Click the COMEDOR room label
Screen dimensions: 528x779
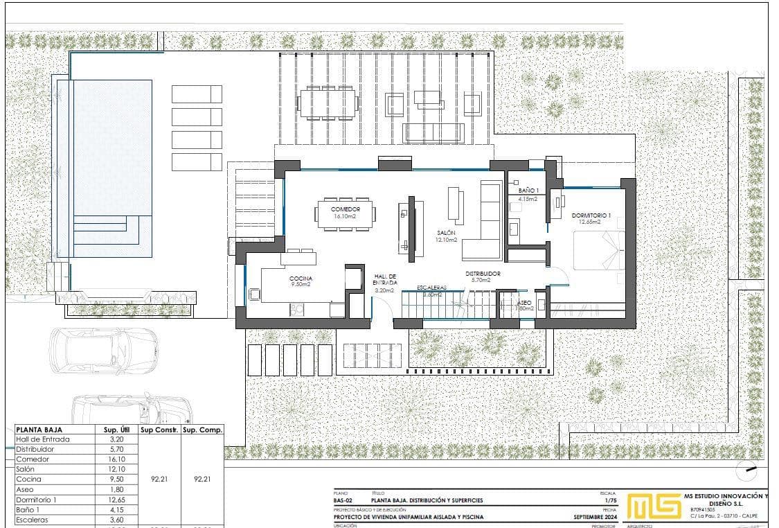[x=345, y=209]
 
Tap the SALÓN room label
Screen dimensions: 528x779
[x=445, y=233]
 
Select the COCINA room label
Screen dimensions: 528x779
[x=301, y=278]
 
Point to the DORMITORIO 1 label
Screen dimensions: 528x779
[x=591, y=215]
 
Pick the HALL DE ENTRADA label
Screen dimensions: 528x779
[x=384, y=279]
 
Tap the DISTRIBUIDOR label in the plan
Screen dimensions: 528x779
[x=483, y=274]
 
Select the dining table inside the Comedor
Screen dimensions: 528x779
[x=345, y=212]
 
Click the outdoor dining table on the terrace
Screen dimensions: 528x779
[x=328, y=103]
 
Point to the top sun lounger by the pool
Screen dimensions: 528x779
[x=197, y=94]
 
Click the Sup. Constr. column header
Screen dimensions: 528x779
[x=160, y=430]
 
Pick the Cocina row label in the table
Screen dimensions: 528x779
[x=28, y=479]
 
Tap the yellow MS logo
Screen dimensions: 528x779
[x=654, y=506]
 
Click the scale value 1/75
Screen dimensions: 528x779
[x=610, y=500]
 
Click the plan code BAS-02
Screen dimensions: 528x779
[x=343, y=500]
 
